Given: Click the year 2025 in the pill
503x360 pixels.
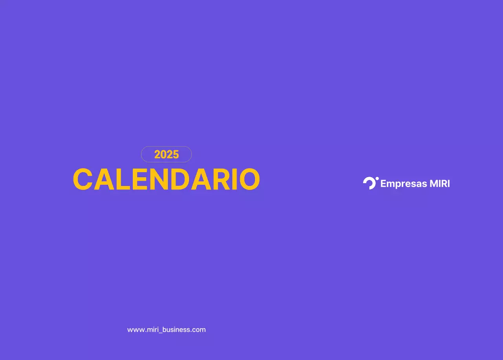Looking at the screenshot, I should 166,154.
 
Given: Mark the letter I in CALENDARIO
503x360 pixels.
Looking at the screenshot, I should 236,180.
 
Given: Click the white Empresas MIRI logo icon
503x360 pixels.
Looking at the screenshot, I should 370,183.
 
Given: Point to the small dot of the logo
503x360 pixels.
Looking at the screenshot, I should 377,178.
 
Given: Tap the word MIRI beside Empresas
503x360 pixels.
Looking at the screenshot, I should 440,184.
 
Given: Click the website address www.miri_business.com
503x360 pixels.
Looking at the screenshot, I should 166,330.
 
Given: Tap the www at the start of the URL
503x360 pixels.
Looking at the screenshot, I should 134,330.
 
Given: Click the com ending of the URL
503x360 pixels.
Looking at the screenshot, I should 199,330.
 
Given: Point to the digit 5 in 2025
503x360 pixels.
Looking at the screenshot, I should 176,154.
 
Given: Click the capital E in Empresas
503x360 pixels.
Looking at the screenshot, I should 384,184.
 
